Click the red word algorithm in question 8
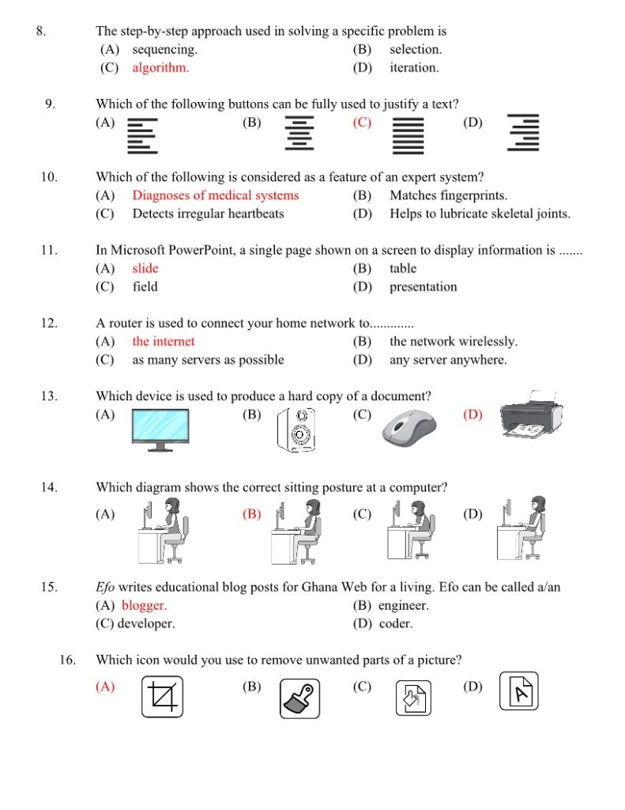tap(160, 68)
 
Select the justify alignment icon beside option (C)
tap(409, 134)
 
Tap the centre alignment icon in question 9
tap(299, 134)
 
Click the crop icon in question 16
tap(162, 697)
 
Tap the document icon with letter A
tap(519, 692)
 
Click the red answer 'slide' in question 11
tap(145, 269)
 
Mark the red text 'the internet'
tap(163, 342)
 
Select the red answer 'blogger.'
tap(144, 606)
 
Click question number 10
tap(49, 177)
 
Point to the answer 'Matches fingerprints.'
tap(448, 195)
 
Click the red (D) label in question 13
tap(472, 414)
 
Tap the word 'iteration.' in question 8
tap(414, 68)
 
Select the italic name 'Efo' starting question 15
tap(105, 588)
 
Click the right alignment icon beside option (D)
tap(523, 133)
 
